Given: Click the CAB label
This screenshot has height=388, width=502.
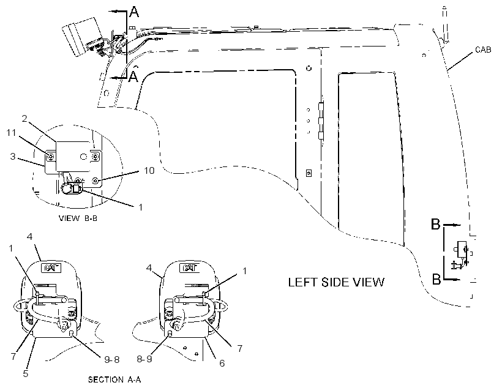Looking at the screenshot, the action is tap(483, 50).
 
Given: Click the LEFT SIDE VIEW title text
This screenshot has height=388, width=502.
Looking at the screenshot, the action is tap(336, 282).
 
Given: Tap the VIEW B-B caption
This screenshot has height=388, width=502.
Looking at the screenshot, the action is tap(78, 218).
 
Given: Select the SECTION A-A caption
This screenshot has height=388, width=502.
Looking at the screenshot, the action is tap(114, 379).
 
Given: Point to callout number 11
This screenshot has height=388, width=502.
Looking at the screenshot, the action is tap(11, 133).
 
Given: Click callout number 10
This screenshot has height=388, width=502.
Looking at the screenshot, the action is tap(149, 170).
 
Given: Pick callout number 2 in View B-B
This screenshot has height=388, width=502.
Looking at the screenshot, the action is tap(24, 119).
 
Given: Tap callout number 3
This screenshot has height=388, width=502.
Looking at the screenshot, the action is tap(13, 157).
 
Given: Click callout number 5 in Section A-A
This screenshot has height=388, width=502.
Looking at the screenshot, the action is tap(26, 373).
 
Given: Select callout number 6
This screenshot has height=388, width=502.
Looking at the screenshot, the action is tap(222, 363).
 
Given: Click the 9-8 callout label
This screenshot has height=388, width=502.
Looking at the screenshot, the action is tap(112, 359).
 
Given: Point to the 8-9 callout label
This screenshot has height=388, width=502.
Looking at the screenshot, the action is tap(144, 359).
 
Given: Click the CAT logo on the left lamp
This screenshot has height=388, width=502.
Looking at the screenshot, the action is tap(51, 267).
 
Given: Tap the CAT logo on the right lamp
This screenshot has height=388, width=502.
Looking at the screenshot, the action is tap(190, 268).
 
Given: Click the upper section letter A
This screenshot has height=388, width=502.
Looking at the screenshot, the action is tap(134, 12).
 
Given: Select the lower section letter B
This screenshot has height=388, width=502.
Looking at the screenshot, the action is tap(436, 279).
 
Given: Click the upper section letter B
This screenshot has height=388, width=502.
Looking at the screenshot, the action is tap(436, 224).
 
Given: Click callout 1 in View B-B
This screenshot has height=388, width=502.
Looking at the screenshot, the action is tap(140, 207).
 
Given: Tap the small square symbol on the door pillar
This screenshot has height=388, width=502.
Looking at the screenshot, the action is tap(309, 173).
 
